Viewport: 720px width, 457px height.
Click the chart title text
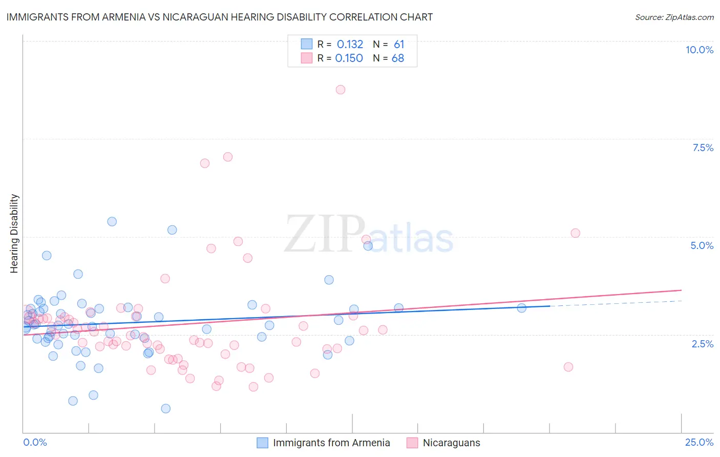[x=219, y=17]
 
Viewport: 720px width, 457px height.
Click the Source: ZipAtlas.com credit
[x=674, y=17]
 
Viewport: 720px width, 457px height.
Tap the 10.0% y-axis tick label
[x=699, y=50]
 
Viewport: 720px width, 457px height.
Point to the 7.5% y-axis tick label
[x=703, y=148]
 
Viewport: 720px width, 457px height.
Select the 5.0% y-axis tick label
[x=702, y=245]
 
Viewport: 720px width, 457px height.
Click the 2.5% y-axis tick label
[x=702, y=344]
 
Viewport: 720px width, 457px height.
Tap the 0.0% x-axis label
[x=35, y=442]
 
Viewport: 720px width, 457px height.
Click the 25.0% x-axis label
[x=699, y=442]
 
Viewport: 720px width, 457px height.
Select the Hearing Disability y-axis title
[x=14, y=233]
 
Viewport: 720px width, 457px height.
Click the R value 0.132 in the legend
[x=350, y=45]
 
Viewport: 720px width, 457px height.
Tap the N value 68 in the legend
[x=398, y=58]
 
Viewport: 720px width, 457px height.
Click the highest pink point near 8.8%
[x=341, y=90]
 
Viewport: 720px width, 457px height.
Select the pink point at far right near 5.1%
[x=575, y=233]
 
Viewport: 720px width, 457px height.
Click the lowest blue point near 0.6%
[x=165, y=408]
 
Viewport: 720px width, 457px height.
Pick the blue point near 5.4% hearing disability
[x=112, y=221]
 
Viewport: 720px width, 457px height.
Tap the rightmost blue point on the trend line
[x=521, y=308]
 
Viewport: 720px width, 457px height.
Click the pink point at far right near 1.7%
[x=568, y=367]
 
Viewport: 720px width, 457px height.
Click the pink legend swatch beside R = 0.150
[x=306, y=58]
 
